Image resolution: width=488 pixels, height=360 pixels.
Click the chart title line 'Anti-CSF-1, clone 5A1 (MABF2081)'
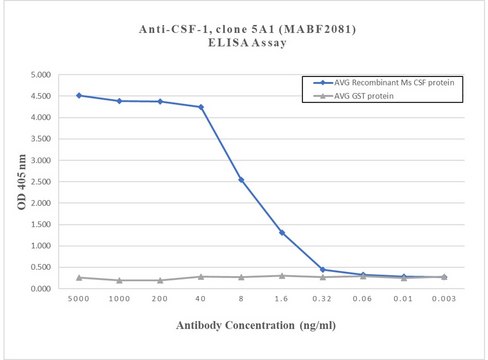pyautogui.click(x=244, y=29)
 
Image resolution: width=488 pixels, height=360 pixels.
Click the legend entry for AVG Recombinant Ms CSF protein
pyautogui.click(x=389, y=82)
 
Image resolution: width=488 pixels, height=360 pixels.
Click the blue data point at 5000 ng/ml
pyautogui.click(x=79, y=96)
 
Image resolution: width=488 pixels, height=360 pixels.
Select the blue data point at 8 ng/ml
pyautogui.click(x=241, y=180)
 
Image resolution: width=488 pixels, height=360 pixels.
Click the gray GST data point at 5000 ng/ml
pyautogui.click(x=79, y=277)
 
